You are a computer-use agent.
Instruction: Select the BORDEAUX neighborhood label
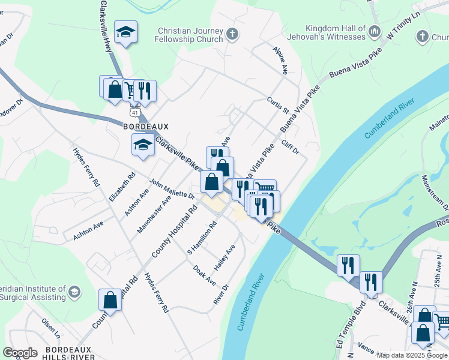[x=146, y=127]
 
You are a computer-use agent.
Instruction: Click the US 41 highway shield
[x=134, y=112]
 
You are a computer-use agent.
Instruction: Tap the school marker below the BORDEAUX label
[x=143, y=145]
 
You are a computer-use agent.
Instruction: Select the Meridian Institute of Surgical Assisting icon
[x=74, y=292]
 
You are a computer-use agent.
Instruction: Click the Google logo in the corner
[x=20, y=353]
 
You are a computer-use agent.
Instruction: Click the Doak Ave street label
[x=204, y=275]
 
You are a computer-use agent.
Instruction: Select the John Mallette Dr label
[x=172, y=188]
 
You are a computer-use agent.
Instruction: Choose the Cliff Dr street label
[x=289, y=148]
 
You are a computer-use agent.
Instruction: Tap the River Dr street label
[x=221, y=294]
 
